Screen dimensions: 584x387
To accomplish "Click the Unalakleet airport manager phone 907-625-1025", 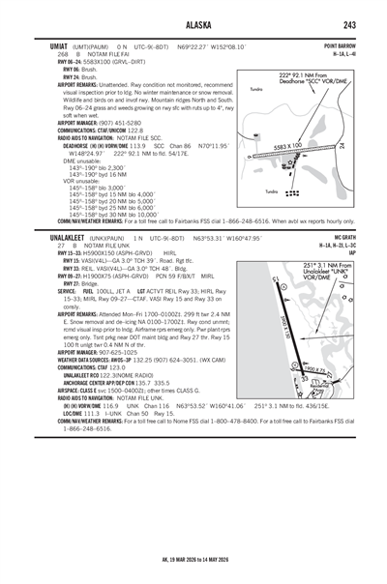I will pyautogui.click(x=109, y=379).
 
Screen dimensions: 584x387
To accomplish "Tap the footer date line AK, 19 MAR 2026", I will pyautogui.click(x=193, y=570).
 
